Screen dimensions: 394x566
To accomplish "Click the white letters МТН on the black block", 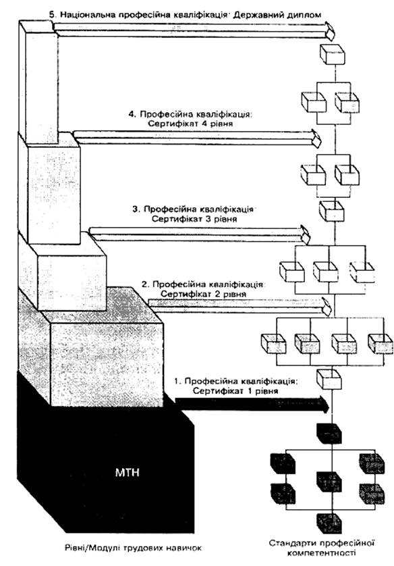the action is [127, 472].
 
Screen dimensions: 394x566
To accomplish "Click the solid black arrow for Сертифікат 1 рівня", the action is [252, 404].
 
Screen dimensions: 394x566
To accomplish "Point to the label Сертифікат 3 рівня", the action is [194, 219].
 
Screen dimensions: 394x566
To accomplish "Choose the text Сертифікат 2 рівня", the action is [203, 294].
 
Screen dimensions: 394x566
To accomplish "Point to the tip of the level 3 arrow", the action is [309, 235].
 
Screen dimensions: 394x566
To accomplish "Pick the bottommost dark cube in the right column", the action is [329, 522].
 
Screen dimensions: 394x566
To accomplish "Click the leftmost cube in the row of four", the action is [274, 344].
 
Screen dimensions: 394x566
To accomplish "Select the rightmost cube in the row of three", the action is [362, 272].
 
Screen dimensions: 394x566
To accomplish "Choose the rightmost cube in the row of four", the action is [381, 344].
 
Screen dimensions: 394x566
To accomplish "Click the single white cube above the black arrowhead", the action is [329, 379].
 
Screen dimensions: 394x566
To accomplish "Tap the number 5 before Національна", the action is [53, 15].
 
